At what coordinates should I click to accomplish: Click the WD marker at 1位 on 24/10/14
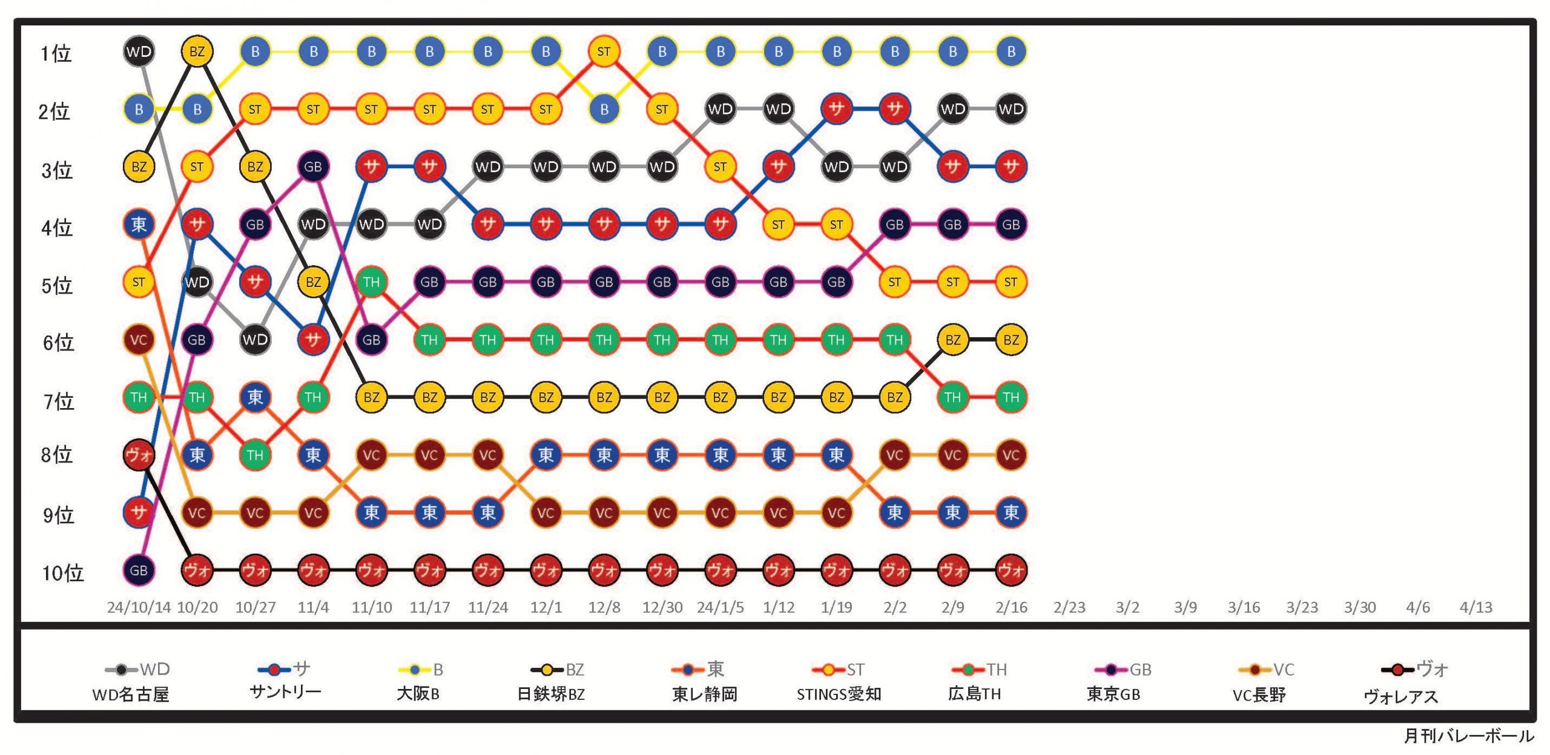click(139, 51)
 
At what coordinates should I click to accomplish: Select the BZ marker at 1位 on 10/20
click(197, 51)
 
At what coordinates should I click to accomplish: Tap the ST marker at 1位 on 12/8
click(604, 51)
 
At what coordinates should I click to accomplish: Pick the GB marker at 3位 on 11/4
click(313, 166)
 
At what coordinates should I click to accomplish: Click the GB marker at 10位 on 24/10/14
click(139, 570)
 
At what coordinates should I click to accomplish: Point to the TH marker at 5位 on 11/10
click(371, 282)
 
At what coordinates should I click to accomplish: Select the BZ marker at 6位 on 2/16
click(1011, 340)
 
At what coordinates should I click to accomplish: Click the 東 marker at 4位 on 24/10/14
click(139, 225)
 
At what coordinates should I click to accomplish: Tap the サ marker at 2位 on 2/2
click(894, 109)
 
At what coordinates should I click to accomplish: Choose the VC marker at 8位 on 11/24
click(487, 455)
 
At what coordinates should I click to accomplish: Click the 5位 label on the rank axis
click(57, 285)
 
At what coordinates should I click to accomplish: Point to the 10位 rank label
click(62, 573)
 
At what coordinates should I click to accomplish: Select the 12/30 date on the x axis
click(662, 607)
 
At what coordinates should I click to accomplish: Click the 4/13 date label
click(1476, 607)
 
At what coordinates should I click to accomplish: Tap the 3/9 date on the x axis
click(1185, 607)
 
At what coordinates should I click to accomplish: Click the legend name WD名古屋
click(131, 694)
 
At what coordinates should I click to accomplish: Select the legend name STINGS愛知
click(839, 694)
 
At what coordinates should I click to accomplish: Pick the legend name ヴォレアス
click(1400, 697)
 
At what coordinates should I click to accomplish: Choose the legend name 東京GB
click(1113, 694)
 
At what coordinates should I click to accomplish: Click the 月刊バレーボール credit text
click(1468, 736)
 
